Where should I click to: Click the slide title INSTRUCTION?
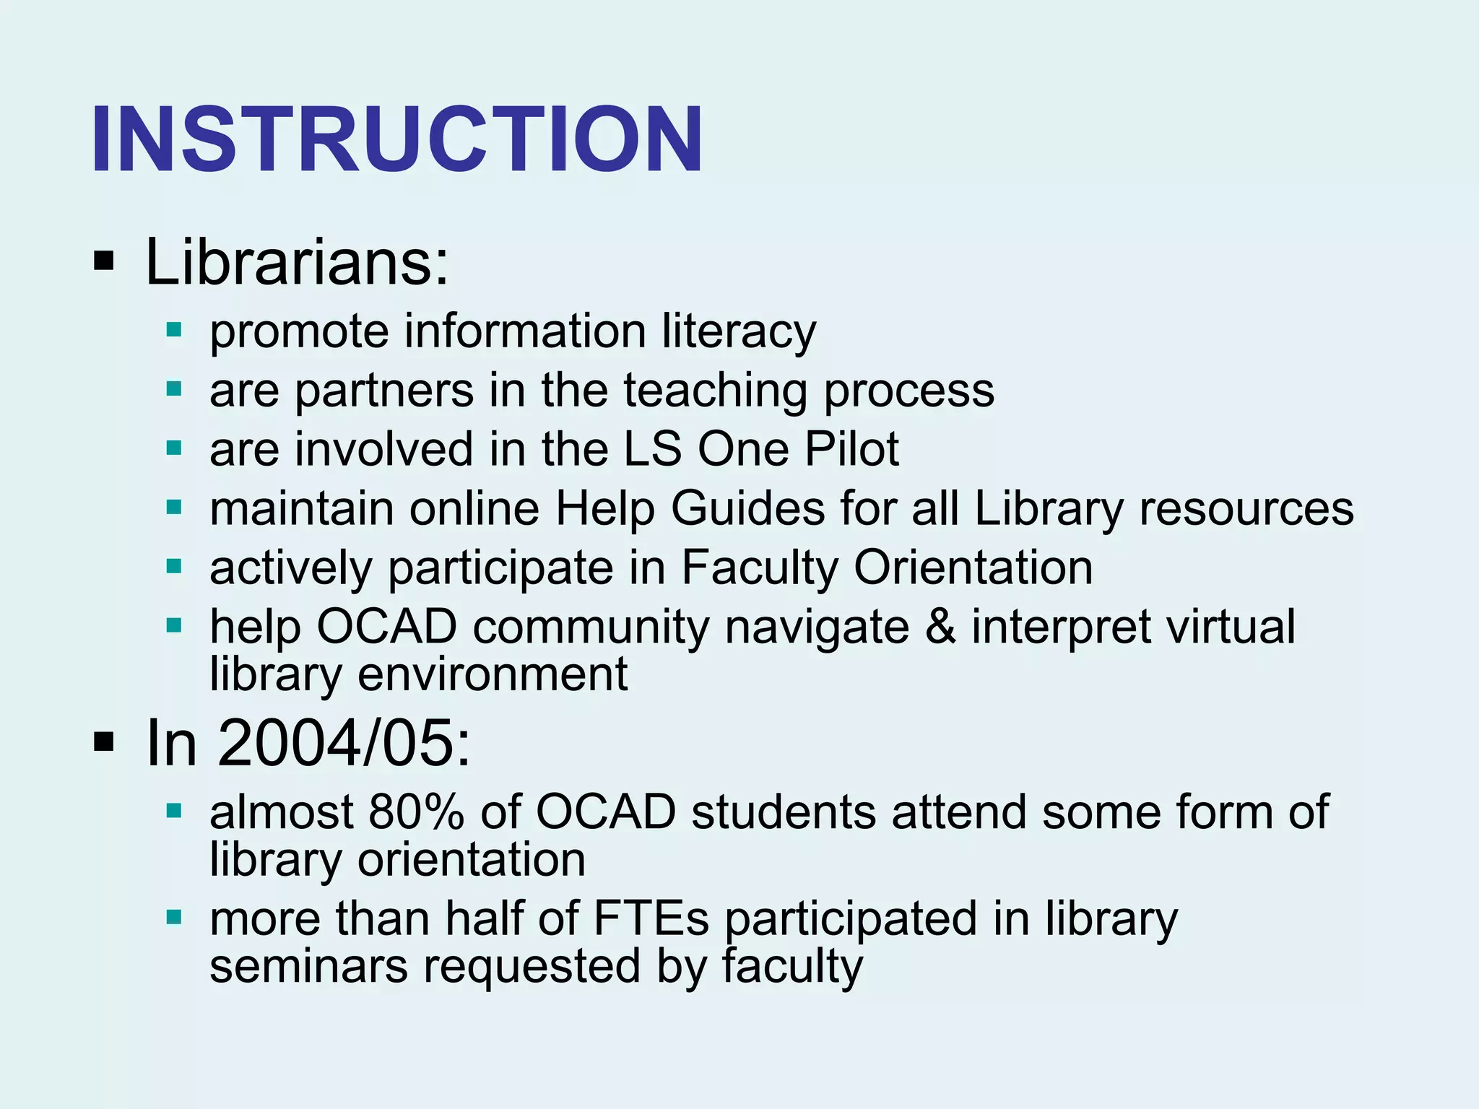pyautogui.click(x=396, y=139)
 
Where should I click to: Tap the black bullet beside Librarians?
pyautogui.click(x=104, y=262)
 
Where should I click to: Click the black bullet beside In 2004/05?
pyautogui.click(x=104, y=741)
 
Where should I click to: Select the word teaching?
pyautogui.click(x=715, y=391)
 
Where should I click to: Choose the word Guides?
pyautogui.click(x=747, y=509)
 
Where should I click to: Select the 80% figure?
pyautogui.click(x=416, y=812)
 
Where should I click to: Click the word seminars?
pyautogui.click(x=308, y=966)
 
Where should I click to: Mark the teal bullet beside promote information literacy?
pyautogui.click(x=173, y=331)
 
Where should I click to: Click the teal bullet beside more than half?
pyautogui.click(x=173, y=918)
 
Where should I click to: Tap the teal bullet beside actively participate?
pyautogui.click(x=173, y=567)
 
